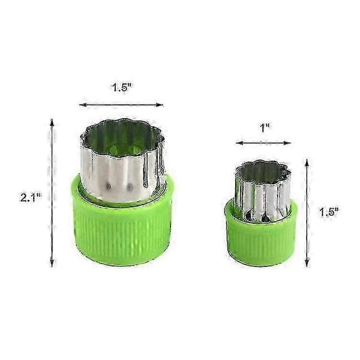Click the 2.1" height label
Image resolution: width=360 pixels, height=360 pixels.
(x=31, y=197)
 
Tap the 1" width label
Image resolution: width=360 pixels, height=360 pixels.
(x=265, y=128)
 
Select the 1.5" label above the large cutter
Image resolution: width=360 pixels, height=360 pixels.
(x=122, y=88)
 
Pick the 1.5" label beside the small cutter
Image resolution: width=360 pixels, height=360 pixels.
(x=329, y=212)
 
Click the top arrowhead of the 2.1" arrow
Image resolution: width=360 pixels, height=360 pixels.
(x=52, y=122)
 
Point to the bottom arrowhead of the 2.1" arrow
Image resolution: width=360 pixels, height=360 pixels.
(x=52, y=263)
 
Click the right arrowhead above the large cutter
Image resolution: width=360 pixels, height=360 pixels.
(x=160, y=105)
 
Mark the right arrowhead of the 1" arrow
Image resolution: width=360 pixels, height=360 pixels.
(x=287, y=143)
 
